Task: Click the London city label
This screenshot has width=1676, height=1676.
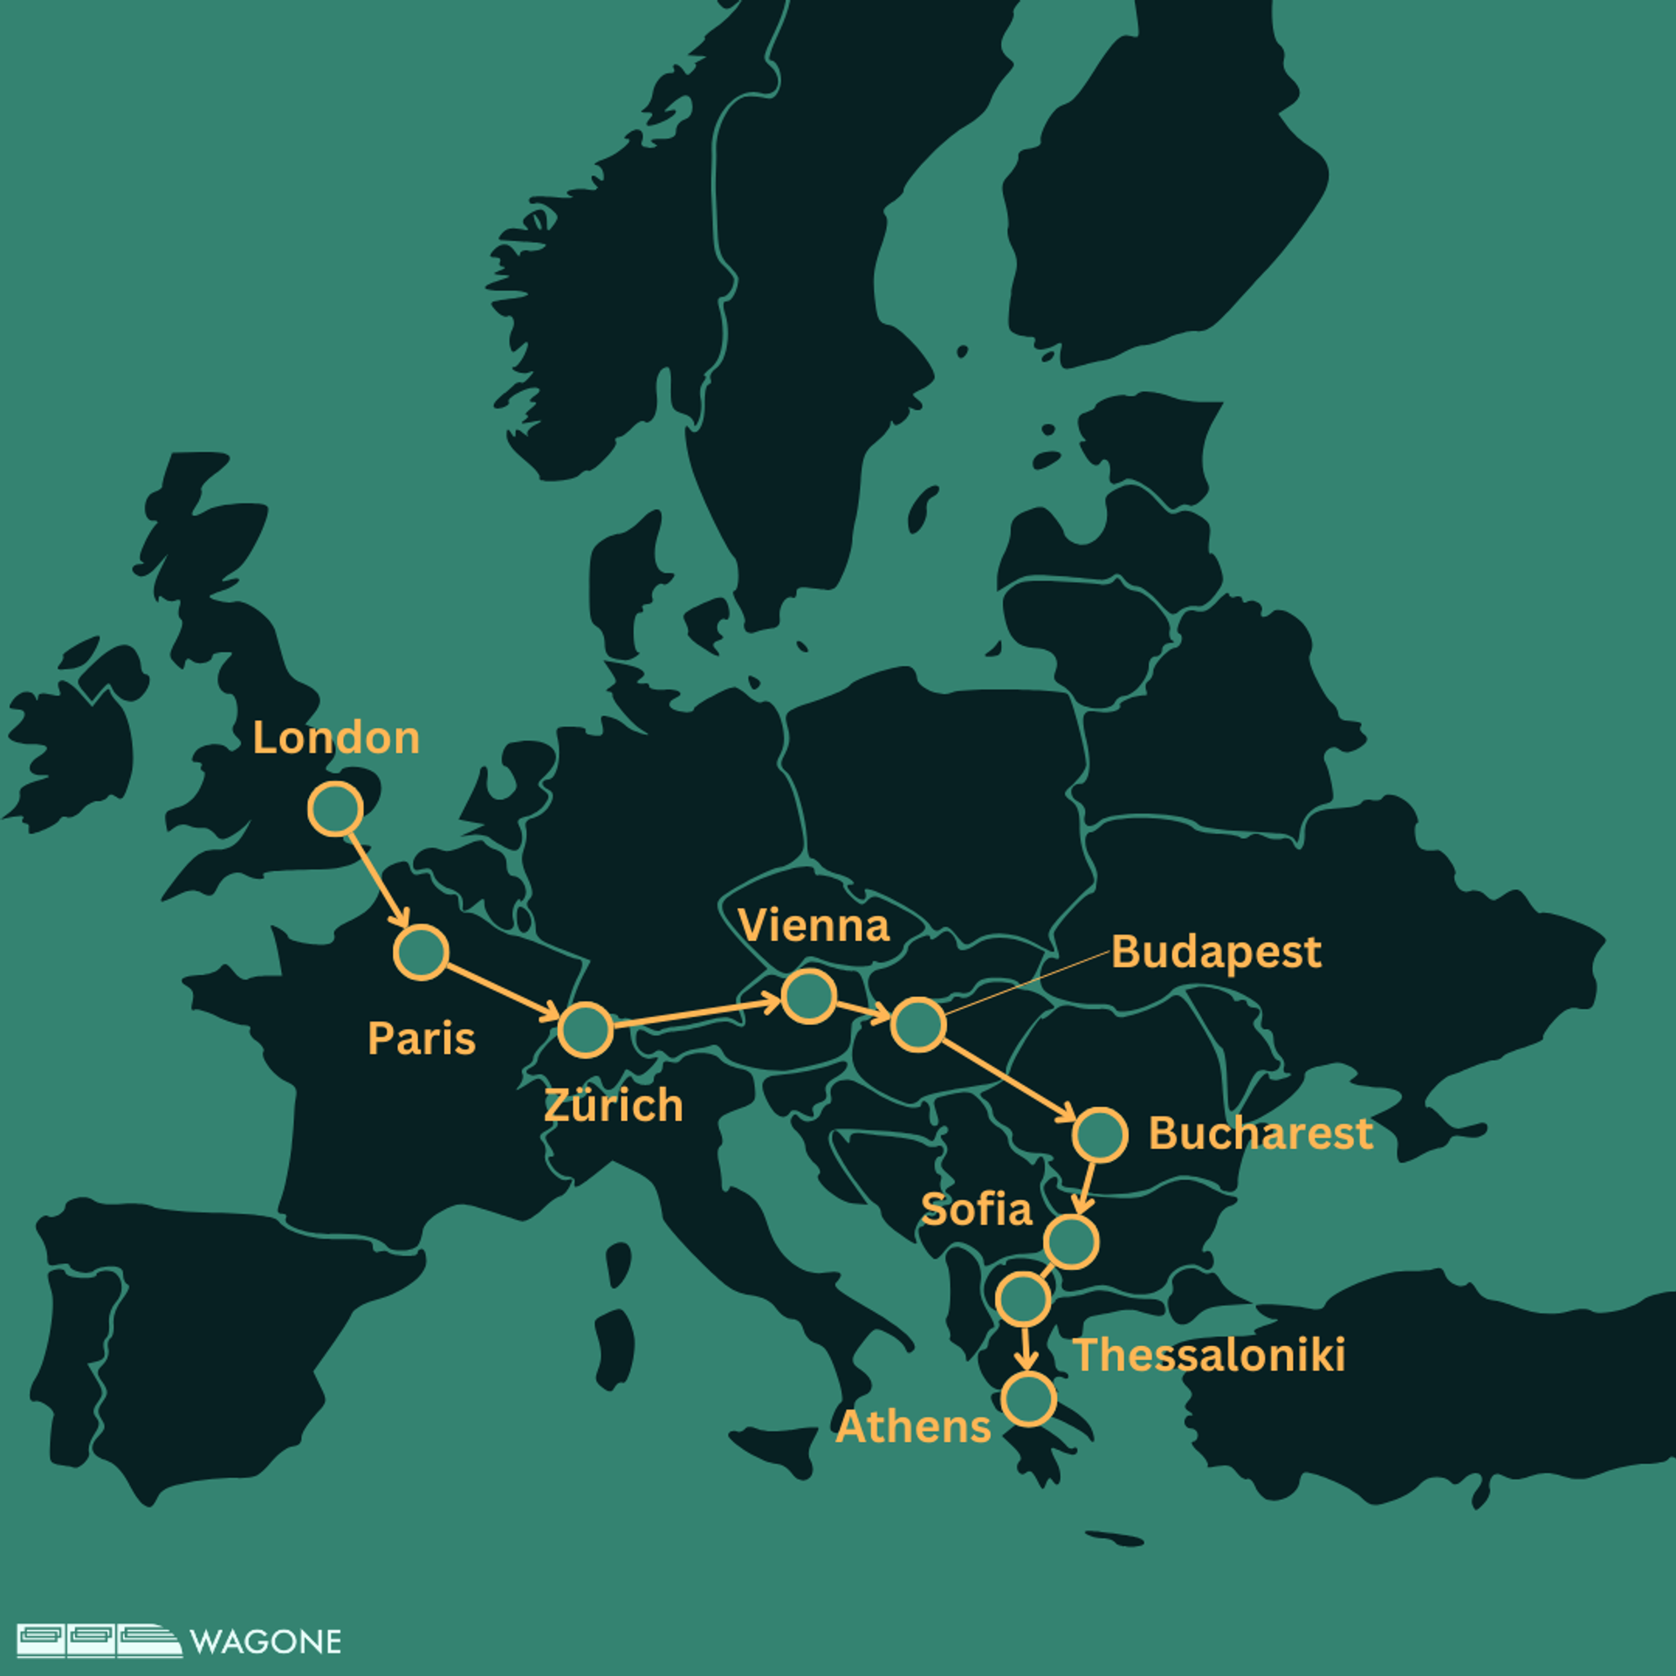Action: tap(336, 738)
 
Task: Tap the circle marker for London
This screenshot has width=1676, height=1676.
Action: tap(335, 808)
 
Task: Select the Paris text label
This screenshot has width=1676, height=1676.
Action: tap(422, 1039)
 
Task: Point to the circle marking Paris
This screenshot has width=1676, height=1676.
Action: tap(421, 951)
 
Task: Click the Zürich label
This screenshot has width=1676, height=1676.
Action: tap(613, 1105)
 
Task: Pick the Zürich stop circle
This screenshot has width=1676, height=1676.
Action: tap(585, 1030)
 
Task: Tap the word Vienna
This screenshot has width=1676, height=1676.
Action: tap(814, 925)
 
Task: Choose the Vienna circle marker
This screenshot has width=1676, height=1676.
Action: tap(808, 996)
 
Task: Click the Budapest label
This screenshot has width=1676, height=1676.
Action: tap(1216, 952)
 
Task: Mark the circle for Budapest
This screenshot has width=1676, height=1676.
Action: tap(918, 1024)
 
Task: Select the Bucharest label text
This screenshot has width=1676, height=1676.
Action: tap(1260, 1133)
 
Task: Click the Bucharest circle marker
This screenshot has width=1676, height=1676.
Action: tap(1100, 1135)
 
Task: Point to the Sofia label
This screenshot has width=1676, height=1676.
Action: tap(977, 1210)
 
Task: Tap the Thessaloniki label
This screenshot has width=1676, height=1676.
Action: tap(1209, 1355)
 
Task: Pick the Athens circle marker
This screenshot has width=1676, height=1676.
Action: tap(1029, 1399)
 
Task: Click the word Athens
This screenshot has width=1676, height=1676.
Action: tap(913, 1427)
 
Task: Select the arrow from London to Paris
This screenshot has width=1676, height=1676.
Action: tap(378, 880)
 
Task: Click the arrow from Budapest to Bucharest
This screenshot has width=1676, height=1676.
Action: tap(1009, 1080)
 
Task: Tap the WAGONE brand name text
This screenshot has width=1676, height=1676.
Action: tap(265, 1642)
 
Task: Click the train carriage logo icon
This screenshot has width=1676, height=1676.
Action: tap(99, 1640)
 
